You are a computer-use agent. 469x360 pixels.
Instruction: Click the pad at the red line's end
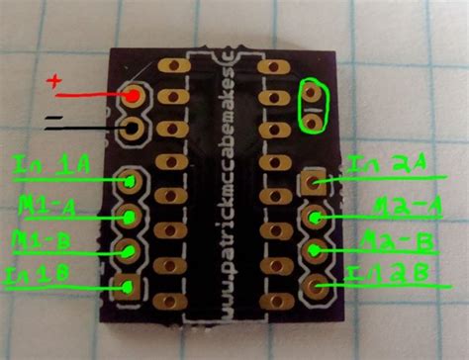tap(134, 96)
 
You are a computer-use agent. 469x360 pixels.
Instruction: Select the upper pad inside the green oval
tap(314, 96)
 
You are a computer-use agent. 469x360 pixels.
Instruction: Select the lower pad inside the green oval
tap(314, 122)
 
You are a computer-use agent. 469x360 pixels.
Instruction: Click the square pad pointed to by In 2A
tap(315, 182)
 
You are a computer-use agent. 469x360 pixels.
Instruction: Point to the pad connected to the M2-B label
tap(315, 252)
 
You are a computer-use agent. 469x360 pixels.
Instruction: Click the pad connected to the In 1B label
tap(130, 286)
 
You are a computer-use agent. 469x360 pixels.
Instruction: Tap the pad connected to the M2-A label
tap(315, 218)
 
